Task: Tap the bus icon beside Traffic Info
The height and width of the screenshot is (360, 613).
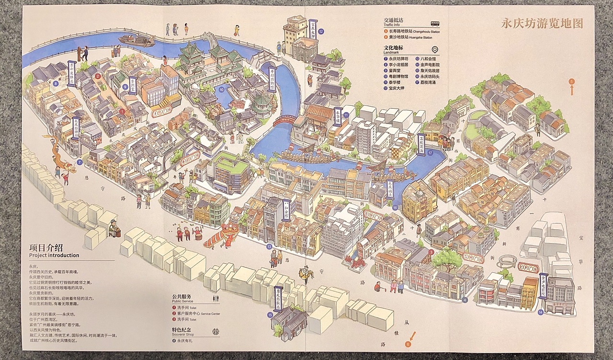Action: coord(435,23)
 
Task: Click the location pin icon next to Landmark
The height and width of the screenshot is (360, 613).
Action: coord(435,50)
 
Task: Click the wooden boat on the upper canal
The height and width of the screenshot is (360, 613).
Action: coord(136,40)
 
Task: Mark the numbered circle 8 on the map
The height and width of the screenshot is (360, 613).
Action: coord(56,83)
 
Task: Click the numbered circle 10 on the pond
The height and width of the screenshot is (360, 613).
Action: coord(221,89)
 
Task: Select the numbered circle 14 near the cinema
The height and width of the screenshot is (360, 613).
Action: coord(540,312)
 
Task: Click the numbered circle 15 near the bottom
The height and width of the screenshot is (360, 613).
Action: coord(270,315)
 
